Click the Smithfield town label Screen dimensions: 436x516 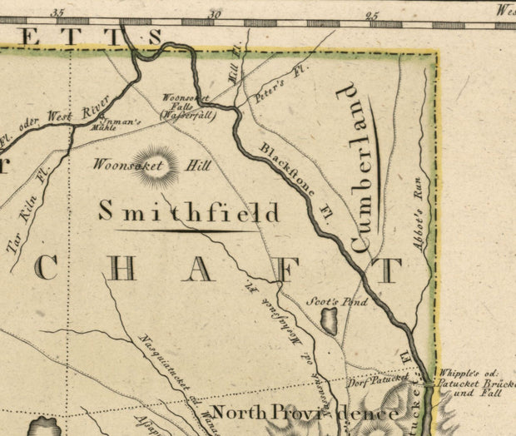(189, 212)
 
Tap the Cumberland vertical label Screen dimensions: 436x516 (361, 167)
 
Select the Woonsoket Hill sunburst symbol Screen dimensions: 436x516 (156, 166)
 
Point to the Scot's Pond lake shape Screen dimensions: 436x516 (330, 320)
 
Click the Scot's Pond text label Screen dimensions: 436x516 (337, 302)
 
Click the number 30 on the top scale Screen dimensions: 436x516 (216, 13)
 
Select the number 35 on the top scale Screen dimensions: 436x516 (57, 13)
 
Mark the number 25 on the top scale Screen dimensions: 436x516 (372, 13)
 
